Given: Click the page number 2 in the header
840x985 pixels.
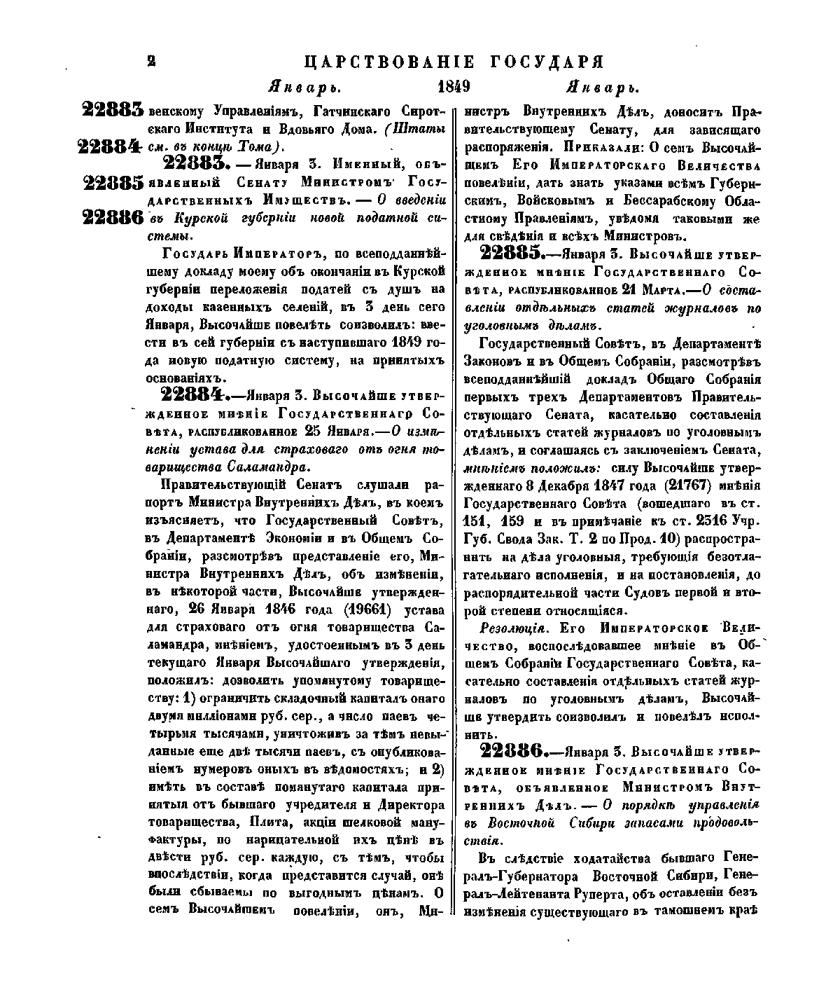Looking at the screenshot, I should [150, 62].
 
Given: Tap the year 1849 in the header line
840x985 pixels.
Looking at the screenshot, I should [452, 87].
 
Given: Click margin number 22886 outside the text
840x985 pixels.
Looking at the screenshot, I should [113, 217].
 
